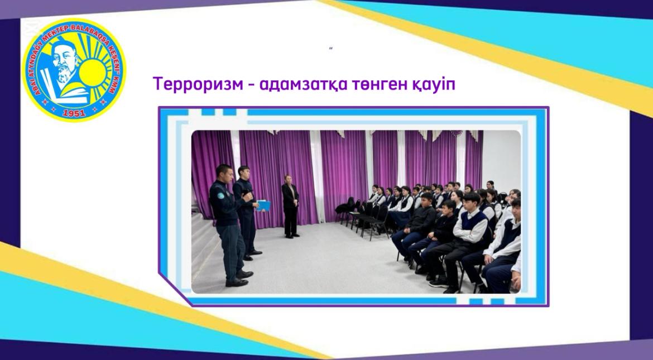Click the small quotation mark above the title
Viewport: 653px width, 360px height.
pos(331,49)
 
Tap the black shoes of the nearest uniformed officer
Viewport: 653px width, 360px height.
pos(240,279)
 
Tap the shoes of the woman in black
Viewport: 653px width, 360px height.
pos(291,236)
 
